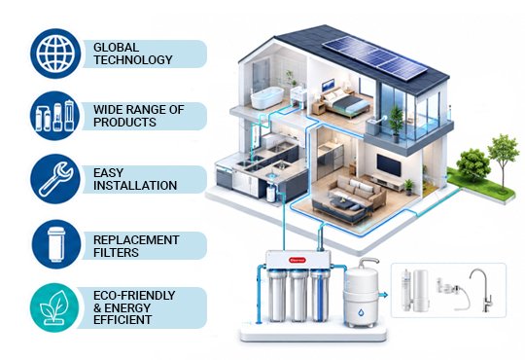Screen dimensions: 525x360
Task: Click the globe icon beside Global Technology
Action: [55, 54]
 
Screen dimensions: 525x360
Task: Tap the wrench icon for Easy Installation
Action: [55, 179]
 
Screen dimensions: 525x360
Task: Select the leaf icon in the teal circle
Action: [54, 307]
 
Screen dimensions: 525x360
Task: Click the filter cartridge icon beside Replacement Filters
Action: [56, 244]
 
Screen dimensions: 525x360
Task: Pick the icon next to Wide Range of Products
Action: [54, 116]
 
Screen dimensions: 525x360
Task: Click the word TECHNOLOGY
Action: [133, 60]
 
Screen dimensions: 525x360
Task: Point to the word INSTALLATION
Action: [135, 186]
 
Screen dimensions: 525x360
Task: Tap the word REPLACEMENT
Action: [136, 240]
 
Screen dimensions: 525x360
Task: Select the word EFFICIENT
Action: [122, 320]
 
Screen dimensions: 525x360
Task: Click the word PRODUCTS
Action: [124, 122]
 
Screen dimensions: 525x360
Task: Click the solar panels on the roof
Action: [375, 57]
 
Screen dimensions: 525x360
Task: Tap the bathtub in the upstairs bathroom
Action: [266, 97]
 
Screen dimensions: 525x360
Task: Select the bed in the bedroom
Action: [345, 100]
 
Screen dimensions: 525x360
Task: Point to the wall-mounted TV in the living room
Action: [389, 164]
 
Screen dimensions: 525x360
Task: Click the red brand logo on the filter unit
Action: [297, 260]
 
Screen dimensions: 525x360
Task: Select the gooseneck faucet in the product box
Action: [481, 290]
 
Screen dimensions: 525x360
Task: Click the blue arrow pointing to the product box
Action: [383, 295]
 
